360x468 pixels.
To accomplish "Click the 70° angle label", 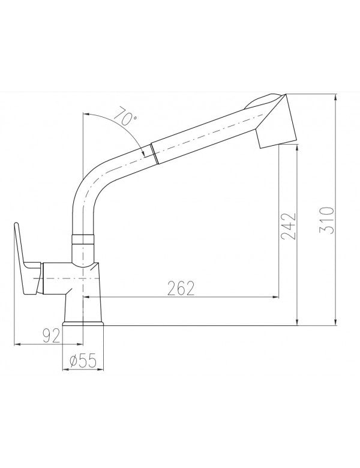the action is pyautogui.click(x=124, y=117).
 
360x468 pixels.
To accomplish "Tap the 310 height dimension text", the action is pyautogui.click(x=326, y=220).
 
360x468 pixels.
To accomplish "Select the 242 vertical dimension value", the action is pyautogui.click(x=288, y=226).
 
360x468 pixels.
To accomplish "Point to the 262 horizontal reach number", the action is pyautogui.click(x=181, y=288).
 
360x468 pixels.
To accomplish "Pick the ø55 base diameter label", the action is pyautogui.click(x=83, y=361).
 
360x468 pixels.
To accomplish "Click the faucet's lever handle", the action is pyautogui.click(x=26, y=260).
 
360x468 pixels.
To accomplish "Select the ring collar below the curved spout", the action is pyautogui.click(x=83, y=239).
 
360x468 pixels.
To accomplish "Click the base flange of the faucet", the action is pyautogui.click(x=83, y=324).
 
